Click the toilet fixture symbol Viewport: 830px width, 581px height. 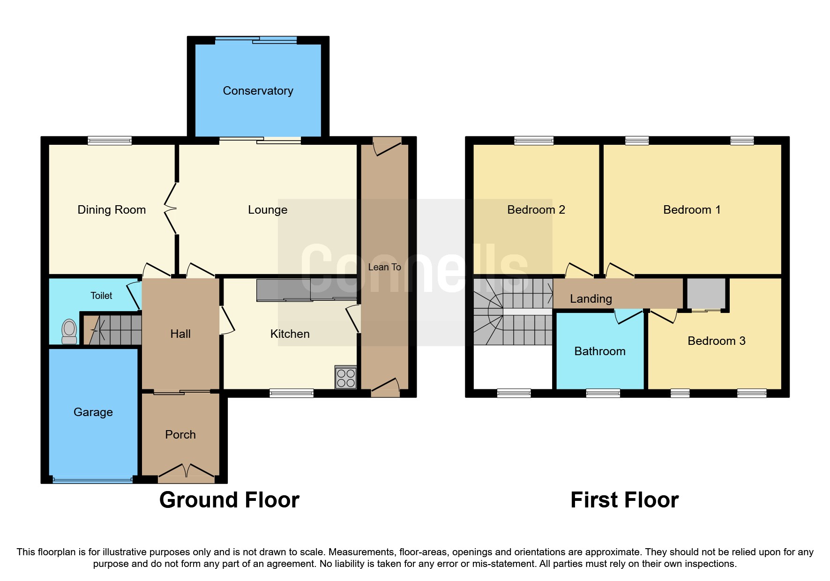(69, 331)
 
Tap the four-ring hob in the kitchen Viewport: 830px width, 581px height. (346, 378)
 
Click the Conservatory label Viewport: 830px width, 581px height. (258, 91)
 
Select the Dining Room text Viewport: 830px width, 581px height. (112, 210)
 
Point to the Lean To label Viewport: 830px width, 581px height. (384, 267)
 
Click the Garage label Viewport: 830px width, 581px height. (93, 412)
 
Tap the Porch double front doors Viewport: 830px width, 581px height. (187, 472)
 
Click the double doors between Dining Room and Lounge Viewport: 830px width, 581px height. (171, 209)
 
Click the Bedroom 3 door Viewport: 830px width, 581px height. (663, 317)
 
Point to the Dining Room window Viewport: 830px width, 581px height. (110, 140)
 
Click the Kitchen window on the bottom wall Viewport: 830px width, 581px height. (292, 393)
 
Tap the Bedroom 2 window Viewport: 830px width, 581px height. (534, 140)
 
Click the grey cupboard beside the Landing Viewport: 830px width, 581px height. (706, 293)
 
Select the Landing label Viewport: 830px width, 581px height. (591, 299)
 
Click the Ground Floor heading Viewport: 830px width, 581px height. (229, 500)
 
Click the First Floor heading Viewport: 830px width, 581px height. (624, 500)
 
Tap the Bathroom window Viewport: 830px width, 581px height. (603, 393)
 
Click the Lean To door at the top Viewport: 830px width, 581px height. (387, 146)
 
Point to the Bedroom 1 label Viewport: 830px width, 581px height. (692, 210)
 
